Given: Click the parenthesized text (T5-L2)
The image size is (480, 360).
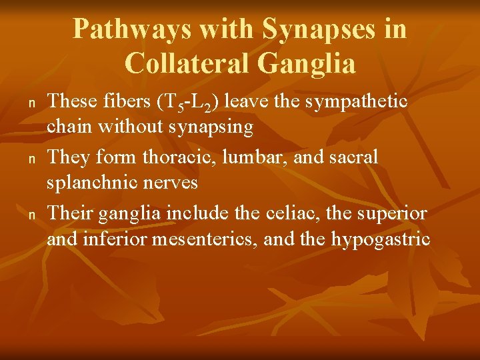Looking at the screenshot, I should tap(189, 102).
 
